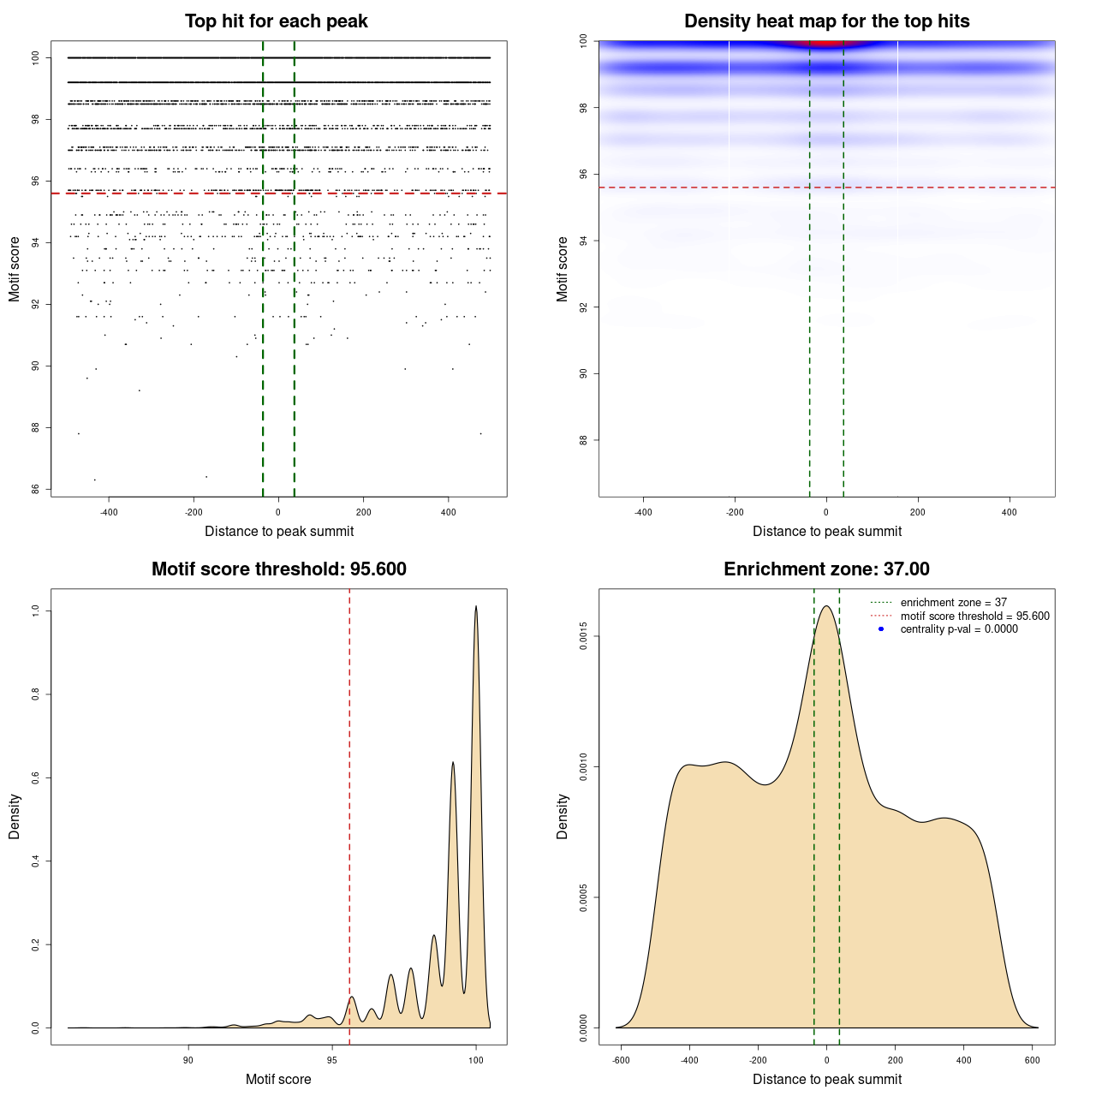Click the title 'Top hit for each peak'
point(277,21)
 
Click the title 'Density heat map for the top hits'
point(826,21)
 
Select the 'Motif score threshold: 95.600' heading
point(278,569)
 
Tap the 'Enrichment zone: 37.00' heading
point(826,569)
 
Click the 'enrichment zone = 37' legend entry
point(953,603)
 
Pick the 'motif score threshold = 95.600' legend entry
point(974,616)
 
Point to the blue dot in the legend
point(881,629)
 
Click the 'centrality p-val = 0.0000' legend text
point(959,629)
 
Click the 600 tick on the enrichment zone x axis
point(1033,1060)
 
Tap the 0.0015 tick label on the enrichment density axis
point(583,636)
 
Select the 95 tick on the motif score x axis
point(332,1060)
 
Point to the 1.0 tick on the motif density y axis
point(35,611)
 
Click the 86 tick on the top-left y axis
point(35,490)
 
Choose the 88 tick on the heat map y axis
point(583,440)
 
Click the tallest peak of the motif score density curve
point(476,607)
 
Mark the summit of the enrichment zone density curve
point(826,607)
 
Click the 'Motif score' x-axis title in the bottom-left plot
point(278,1079)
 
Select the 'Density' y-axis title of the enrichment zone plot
point(563,816)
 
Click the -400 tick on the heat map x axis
point(643,512)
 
